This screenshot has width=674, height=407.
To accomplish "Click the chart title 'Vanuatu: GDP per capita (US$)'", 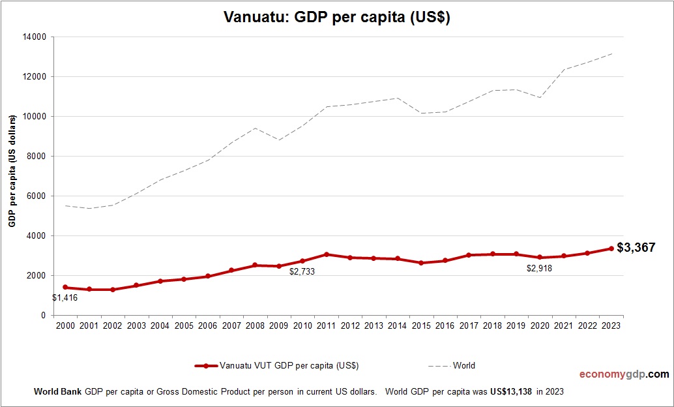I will pyautogui.click(x=337, y=18).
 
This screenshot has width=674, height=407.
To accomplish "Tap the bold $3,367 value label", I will pyautogui.click(x=636, y=247).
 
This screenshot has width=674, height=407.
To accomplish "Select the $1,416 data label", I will pyautogui.click(x=65, y=298).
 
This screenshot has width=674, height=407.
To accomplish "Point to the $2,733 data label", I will pyautogui.click(x=302, y=271).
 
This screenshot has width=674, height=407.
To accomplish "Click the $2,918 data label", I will pyautogui.click(x=539, y=268).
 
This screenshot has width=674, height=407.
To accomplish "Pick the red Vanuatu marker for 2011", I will pyautogui.click(x=327, y=254).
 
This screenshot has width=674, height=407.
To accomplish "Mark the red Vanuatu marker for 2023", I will pyautogui.click(x=611, y=249).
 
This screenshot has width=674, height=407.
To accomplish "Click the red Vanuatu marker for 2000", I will pyautogui.click(x=65, y=287).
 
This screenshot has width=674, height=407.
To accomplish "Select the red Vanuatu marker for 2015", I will pyautogui.click(x=421, y=263).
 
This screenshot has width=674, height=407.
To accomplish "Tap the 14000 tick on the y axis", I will pyautogui.click(x=33, y=37).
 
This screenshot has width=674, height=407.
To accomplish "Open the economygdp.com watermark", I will pyautogui.click(x=624, y=374).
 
